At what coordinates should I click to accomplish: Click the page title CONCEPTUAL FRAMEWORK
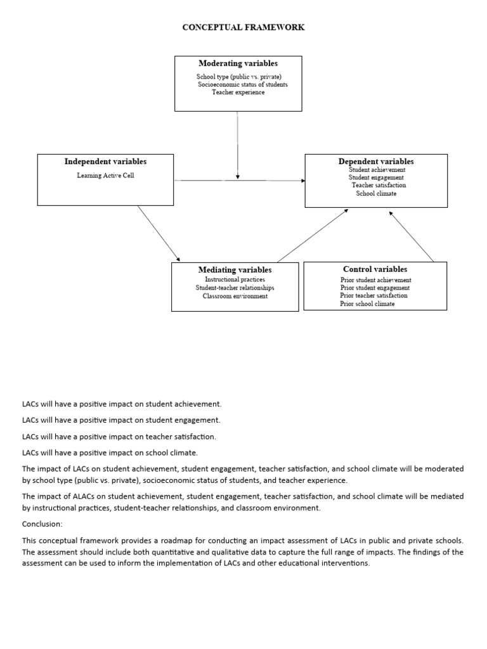(243, 27)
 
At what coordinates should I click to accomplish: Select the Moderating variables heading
(238, 63)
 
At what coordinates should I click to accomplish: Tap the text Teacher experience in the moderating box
(238, 93)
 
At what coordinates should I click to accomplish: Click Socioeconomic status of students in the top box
(242, 84)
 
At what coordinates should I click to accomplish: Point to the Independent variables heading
(105, 162)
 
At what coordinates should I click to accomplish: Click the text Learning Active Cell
(105, 176)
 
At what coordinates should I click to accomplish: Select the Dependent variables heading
(376, 162)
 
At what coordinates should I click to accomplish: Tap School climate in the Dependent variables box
(376, 193)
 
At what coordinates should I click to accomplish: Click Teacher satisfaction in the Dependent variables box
(379, 185)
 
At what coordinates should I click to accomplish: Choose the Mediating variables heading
(235, 270)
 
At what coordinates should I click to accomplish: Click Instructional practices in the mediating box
(235, 280)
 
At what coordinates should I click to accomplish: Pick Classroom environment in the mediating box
(235, 296)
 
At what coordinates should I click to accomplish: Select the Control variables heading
(375, 269)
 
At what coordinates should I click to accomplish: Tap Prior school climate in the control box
(367, 304)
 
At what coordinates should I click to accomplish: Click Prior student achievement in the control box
(375, 280)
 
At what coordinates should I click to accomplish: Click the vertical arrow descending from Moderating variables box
(238, 146)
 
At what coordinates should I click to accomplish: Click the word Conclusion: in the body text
(42, 524)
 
